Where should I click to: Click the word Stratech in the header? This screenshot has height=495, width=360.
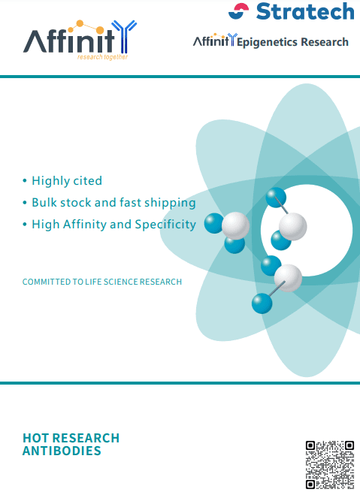305,12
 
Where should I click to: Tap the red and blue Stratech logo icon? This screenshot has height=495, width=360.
238,11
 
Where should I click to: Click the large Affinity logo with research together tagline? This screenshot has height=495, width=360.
80,40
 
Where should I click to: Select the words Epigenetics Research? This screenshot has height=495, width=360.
292,42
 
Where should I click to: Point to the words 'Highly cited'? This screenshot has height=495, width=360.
67,181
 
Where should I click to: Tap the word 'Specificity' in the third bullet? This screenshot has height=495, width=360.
165,225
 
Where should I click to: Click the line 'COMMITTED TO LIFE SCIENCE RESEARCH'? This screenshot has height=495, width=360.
102,282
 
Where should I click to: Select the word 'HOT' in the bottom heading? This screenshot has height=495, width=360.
35,438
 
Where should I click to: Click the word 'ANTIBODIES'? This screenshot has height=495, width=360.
62,451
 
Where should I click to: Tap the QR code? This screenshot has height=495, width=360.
330,465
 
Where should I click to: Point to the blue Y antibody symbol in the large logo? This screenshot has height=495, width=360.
125,36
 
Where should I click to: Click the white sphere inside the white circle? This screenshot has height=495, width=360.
293,226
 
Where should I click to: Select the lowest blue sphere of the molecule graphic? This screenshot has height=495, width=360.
262,303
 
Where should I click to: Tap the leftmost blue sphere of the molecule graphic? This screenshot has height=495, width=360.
214,223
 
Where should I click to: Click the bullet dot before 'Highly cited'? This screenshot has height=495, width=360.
25,181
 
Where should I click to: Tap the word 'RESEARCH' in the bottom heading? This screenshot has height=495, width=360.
86,438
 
